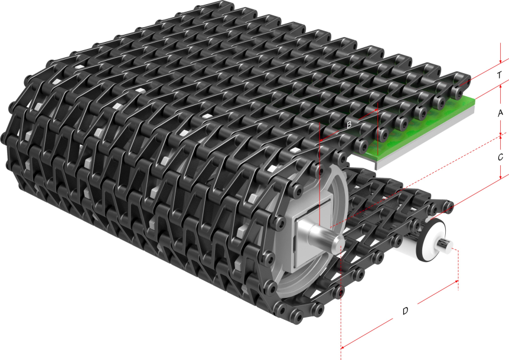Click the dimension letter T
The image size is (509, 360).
(500, 75)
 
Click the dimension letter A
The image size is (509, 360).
(500, 113)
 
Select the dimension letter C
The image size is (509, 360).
(500, 158)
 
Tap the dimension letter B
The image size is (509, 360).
(349, 125)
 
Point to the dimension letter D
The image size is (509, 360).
(405, 311)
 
